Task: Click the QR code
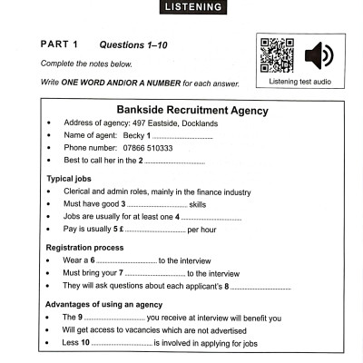tap(277, 55)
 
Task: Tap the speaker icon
tap(319, 55)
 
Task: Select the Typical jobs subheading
tap(74, 179)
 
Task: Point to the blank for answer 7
tap(154, 273)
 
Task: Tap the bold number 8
tap(226, 287)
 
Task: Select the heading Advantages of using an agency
tap(103, 303)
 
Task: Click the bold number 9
tap(83, 318)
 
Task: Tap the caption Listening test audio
tap(300, 82)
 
